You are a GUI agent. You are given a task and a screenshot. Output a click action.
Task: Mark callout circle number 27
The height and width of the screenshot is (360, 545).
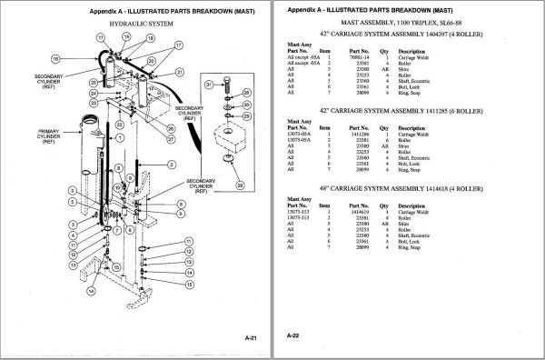coord(170,139)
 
